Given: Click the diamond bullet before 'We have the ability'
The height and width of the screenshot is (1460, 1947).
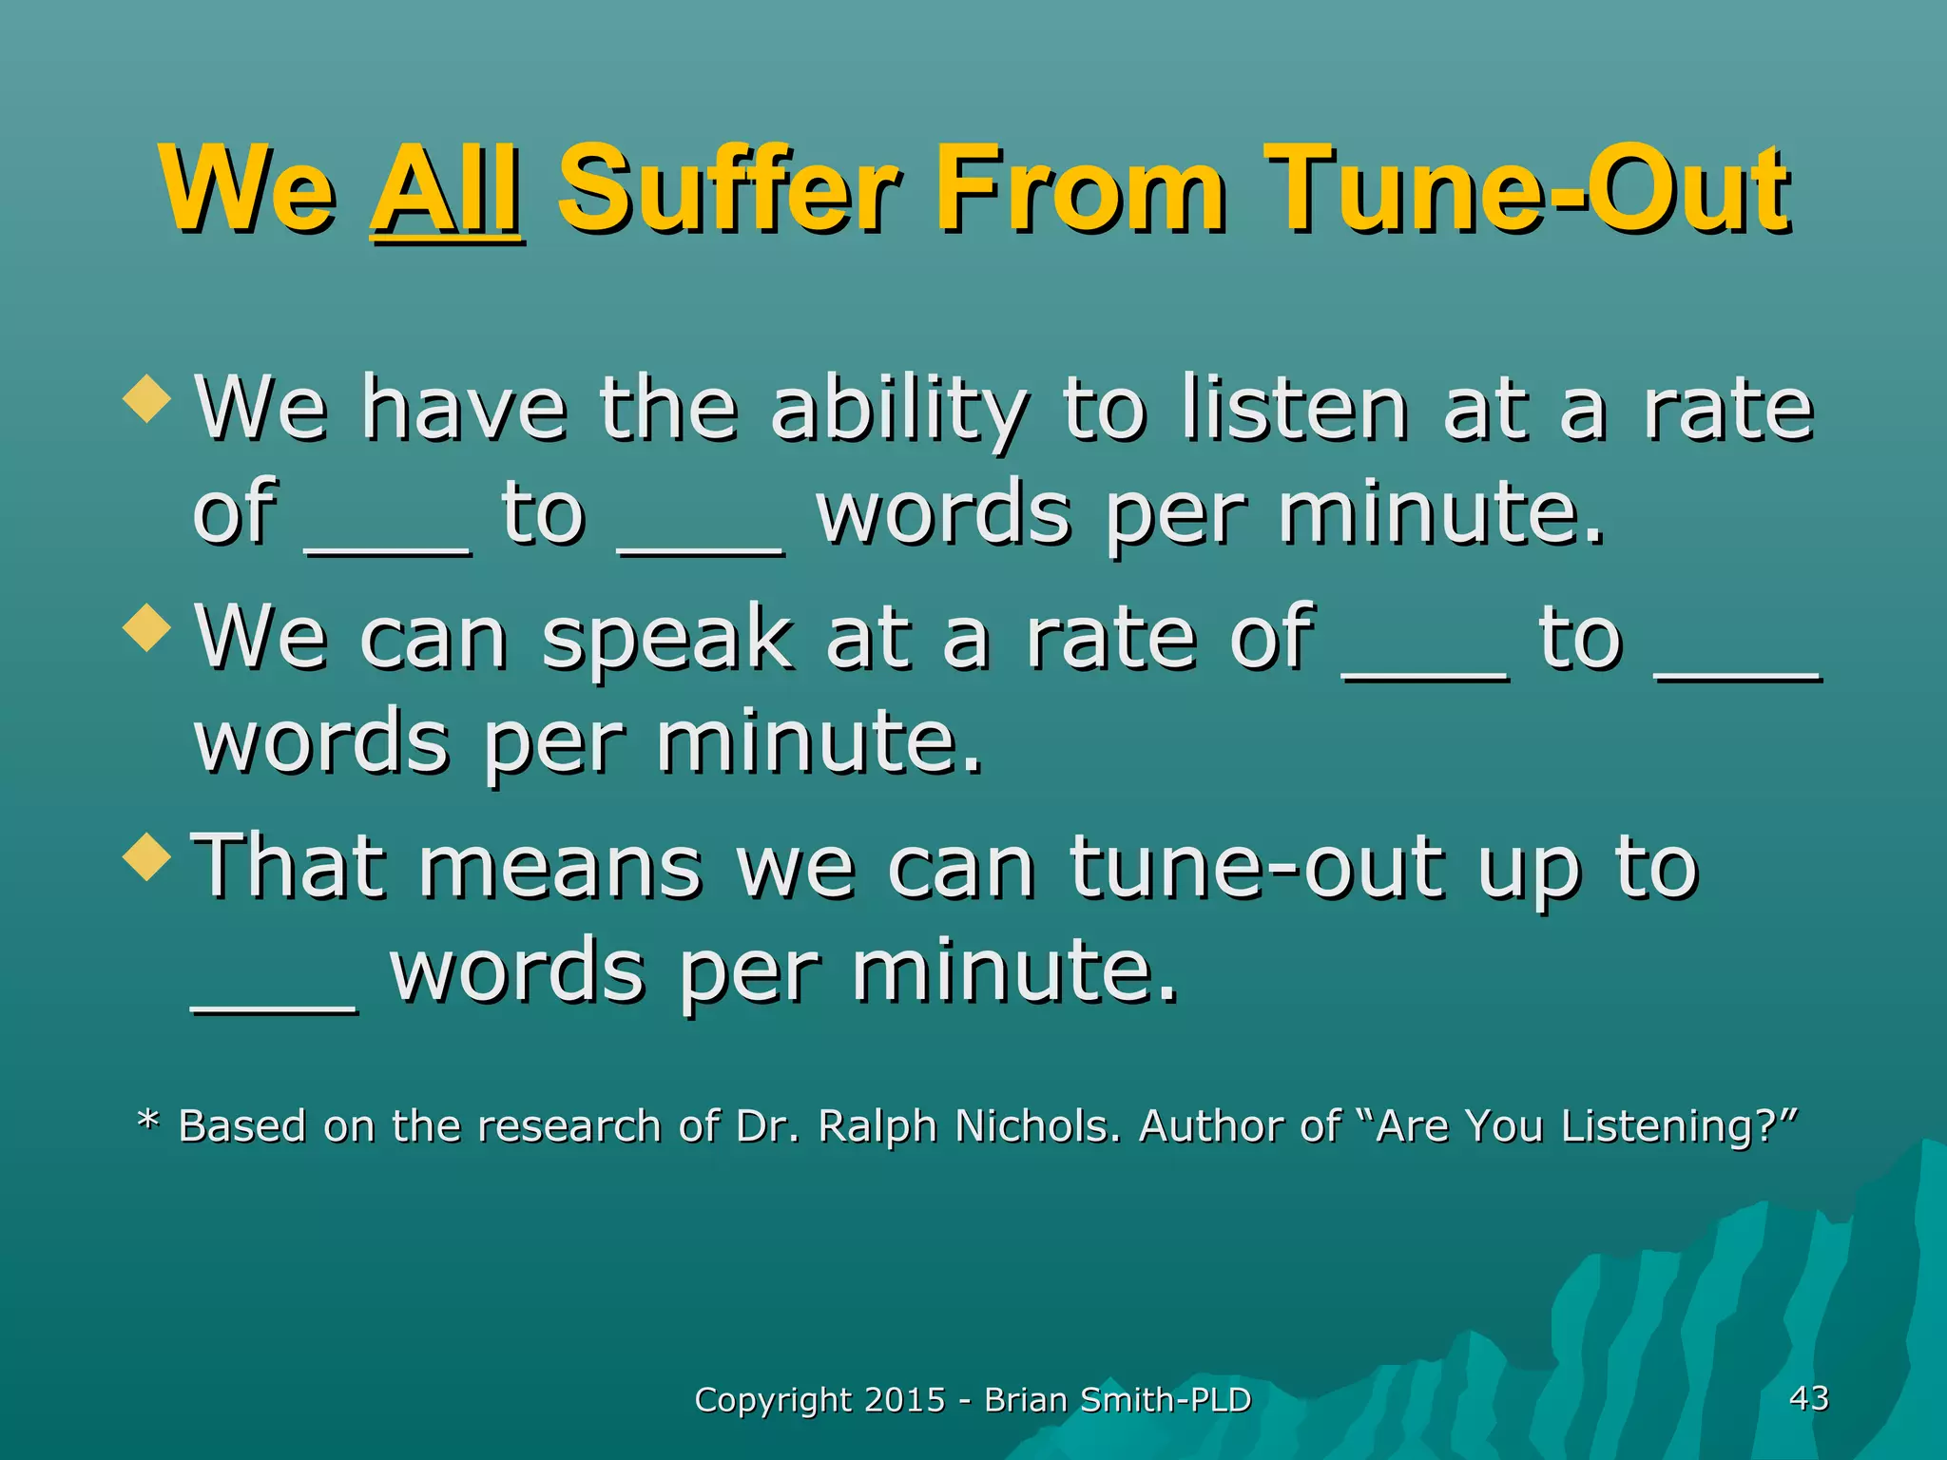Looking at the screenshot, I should pyautogui.click(x=147, y=398).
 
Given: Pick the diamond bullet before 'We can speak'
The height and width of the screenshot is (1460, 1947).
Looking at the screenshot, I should pyautogui.click(x=147, y=628).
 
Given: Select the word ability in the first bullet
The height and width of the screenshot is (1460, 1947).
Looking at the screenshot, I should pyautogui.click(x=898, y=411).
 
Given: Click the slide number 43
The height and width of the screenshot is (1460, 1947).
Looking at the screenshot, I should pyautogui.click(x=1808, y=1398).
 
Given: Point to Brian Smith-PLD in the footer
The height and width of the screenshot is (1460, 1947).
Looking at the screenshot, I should pyautogui.click(x=1117, y=1400).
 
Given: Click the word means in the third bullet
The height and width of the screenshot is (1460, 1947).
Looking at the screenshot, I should pyautogui.click(x=560, y=868).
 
